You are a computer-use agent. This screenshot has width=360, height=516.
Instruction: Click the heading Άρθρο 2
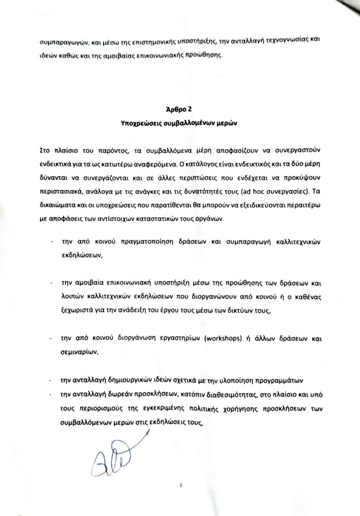click(180, 109)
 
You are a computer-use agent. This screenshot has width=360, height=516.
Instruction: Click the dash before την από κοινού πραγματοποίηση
click(52, 242)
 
